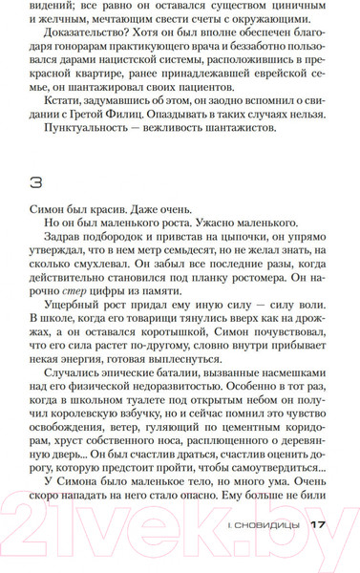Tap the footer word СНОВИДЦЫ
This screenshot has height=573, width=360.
click(269, 551)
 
